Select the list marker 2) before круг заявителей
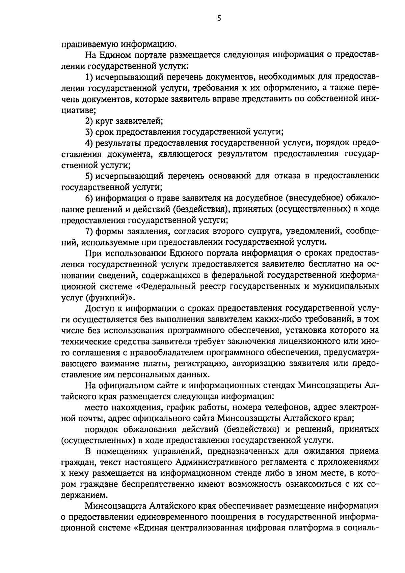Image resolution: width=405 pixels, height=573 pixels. point(89,121)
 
